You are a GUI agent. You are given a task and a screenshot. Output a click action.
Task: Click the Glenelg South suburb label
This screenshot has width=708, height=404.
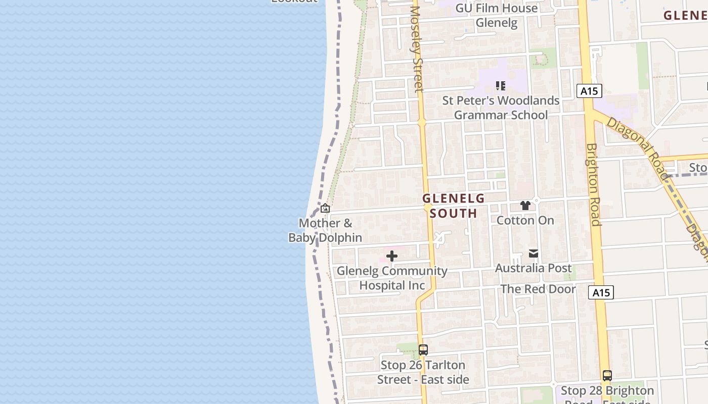(454, 206)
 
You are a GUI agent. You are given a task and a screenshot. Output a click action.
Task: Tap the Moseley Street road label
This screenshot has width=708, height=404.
(416, 49)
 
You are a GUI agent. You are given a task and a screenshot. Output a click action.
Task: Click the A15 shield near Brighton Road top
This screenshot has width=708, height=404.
(589, 91)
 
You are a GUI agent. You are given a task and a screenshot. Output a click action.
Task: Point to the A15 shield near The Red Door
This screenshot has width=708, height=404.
(601, 292)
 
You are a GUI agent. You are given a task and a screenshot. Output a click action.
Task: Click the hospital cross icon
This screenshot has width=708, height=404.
(392, 257)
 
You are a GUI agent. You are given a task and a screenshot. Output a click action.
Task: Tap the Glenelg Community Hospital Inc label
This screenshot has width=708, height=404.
(392, 278)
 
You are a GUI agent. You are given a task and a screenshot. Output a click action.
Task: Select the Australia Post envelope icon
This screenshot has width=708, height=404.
(534, 254)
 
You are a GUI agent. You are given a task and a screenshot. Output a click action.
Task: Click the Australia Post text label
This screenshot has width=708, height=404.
(534, 268)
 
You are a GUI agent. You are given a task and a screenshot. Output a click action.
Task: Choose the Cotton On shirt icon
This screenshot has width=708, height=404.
(525, 206)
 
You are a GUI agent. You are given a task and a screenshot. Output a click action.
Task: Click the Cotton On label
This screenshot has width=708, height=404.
(525, 220)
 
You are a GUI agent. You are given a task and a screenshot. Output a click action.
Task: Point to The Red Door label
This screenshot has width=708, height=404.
(538, 289)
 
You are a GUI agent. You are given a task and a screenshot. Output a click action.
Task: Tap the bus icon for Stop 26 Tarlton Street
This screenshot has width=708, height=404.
(423, 349)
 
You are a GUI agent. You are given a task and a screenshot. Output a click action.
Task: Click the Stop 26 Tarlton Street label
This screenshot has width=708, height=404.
(423, 372)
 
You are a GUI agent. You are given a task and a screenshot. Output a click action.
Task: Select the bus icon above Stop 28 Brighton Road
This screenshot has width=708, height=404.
(607, 376)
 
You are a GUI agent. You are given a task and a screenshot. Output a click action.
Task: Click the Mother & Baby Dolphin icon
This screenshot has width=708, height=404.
(325, 208)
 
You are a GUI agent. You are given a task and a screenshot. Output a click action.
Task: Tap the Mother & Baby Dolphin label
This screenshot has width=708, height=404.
(325, 230)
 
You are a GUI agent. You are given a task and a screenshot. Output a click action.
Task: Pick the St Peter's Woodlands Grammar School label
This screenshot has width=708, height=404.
(501, 108)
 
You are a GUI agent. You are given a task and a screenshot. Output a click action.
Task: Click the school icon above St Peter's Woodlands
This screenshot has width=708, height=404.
(501, 86)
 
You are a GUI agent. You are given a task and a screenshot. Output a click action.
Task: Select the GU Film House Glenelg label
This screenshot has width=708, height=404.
(497, 15)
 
